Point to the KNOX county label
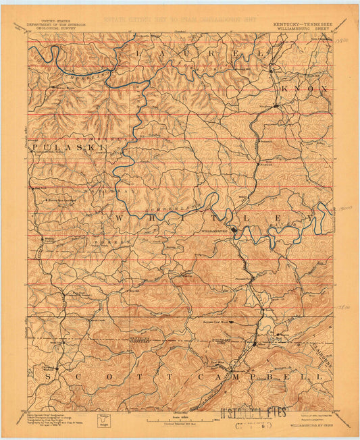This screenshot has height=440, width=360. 305,88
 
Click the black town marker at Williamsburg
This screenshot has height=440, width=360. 234,230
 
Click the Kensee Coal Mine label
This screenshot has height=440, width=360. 217,322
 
